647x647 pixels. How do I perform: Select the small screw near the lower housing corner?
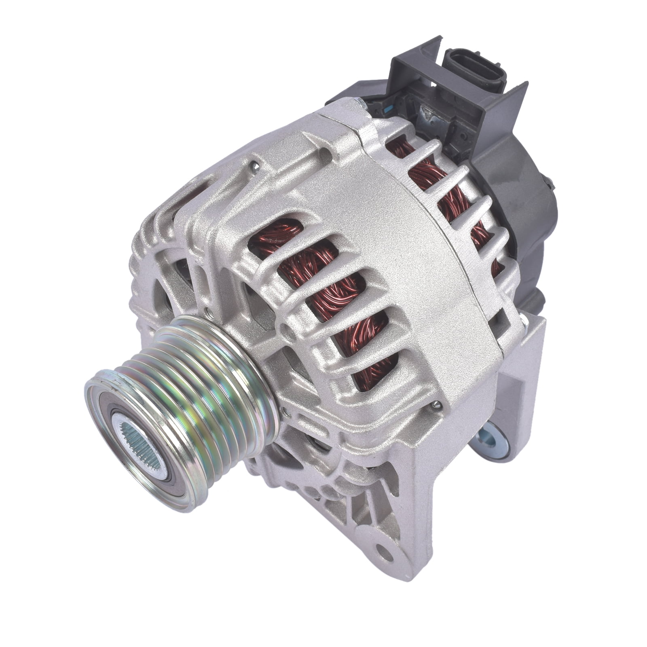[436, 405]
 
